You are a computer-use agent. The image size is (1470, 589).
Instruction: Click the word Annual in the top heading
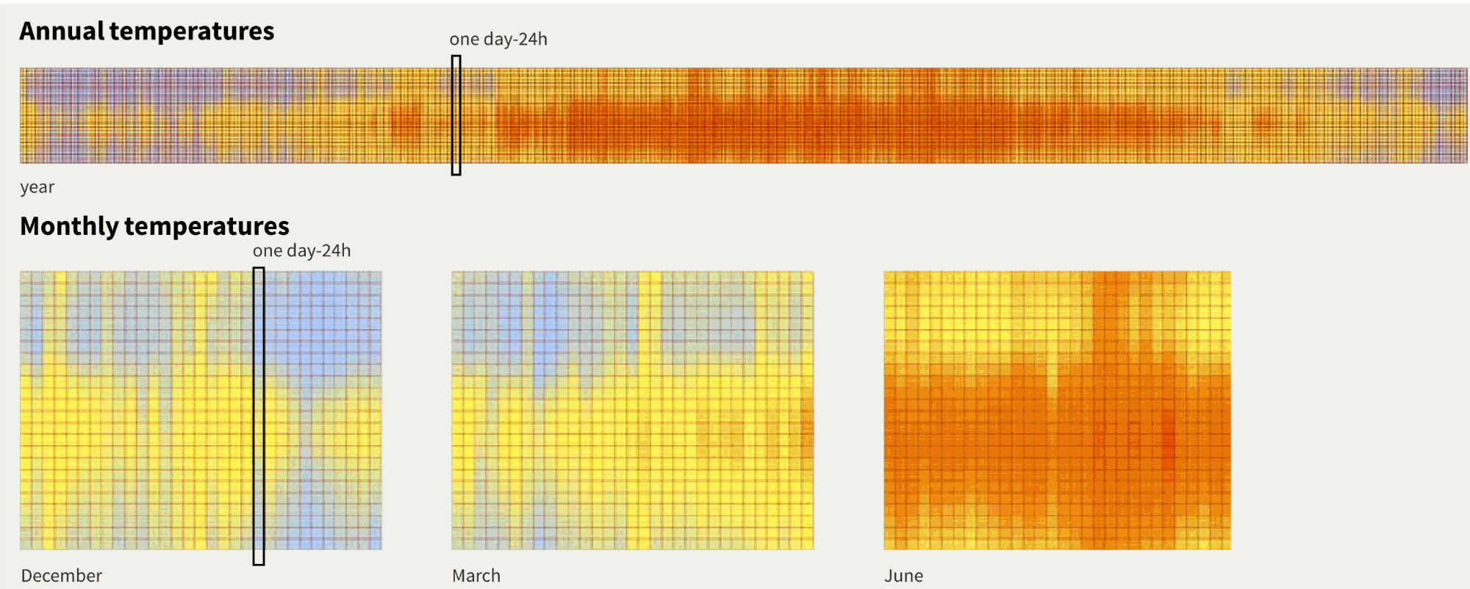tap(62, 32)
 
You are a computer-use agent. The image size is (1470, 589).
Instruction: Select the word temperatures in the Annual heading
tap(192, 32)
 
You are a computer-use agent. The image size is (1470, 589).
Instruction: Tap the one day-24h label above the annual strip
tap(498, 40)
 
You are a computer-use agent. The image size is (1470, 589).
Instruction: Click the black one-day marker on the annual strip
tap(456, 115)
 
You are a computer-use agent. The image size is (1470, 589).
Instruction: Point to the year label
tap(37, 187)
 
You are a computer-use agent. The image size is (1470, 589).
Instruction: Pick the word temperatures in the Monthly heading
tap(207, 226)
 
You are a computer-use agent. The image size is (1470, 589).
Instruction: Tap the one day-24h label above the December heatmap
tap(301, 251)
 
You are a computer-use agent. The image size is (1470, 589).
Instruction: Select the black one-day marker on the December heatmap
tap(259, 416)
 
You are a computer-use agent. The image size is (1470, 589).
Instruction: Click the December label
tap(62, 576)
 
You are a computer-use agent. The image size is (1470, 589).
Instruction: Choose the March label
tap(476, 576)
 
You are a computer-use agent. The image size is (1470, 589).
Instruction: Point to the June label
tap(903, 576)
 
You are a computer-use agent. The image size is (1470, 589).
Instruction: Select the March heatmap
tap(632, 411)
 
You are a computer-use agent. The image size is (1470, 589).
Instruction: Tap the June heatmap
tap(1057, 411)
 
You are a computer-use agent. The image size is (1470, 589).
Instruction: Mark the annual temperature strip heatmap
tap(882, 115)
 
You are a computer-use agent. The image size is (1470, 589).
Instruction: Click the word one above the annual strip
tap(464, 40)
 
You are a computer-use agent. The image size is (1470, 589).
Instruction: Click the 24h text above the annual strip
tap(533, 40)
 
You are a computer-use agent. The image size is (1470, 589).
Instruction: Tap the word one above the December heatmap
tap(268, 251)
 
